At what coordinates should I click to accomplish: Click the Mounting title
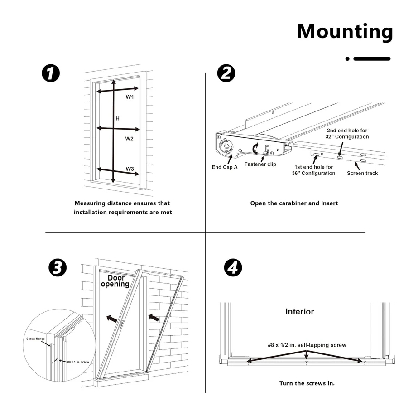point(345,31)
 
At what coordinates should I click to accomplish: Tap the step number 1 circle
point(51,73)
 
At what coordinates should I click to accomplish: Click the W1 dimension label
point(130,97)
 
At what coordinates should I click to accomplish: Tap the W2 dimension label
point(130,139)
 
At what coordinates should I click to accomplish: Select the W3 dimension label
point(130,169)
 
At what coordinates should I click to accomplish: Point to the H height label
point(117,119)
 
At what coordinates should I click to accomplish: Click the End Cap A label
point(225,167)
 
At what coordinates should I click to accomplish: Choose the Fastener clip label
point(260,164)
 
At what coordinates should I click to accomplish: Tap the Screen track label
point(362,173)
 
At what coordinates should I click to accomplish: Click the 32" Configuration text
point(347,137)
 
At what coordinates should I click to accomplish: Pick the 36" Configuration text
point(313,173)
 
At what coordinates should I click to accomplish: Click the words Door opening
point(115,281)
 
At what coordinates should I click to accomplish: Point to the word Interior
point(299,312)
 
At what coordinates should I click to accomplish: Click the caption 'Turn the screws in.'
point(307,383)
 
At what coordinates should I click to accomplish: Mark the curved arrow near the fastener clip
point(255,149)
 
